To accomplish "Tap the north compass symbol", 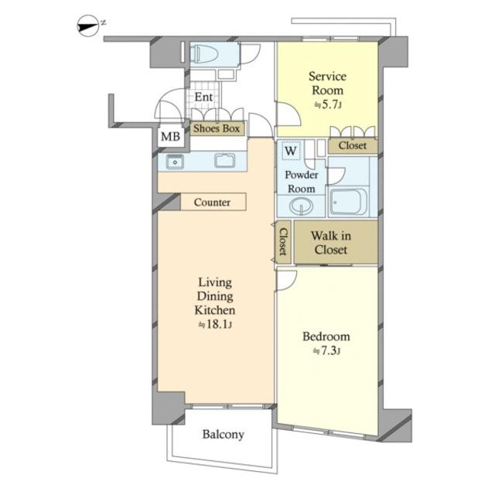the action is click(88, 26).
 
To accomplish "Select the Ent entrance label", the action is click(203, 97).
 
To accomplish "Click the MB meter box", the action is click(170, 136).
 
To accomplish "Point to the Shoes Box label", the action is click(217, 128).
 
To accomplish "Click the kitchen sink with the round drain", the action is click(175, 162).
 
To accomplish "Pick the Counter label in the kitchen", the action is click(212, 202).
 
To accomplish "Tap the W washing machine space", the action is click(291, 151).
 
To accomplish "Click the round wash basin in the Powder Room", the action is click(302, 207).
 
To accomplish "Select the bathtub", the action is click(348, 201).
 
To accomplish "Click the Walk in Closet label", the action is click(331, 242).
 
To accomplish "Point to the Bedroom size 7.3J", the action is click(326, 350).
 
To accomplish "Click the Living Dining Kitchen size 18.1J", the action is click(215, 324).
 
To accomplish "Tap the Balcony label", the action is click(224, 435).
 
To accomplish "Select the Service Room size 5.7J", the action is click(328, 104).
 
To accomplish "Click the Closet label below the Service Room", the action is click(353, 145).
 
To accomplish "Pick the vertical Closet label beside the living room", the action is click(283, 241).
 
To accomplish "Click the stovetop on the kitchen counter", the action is click(225, 161).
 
